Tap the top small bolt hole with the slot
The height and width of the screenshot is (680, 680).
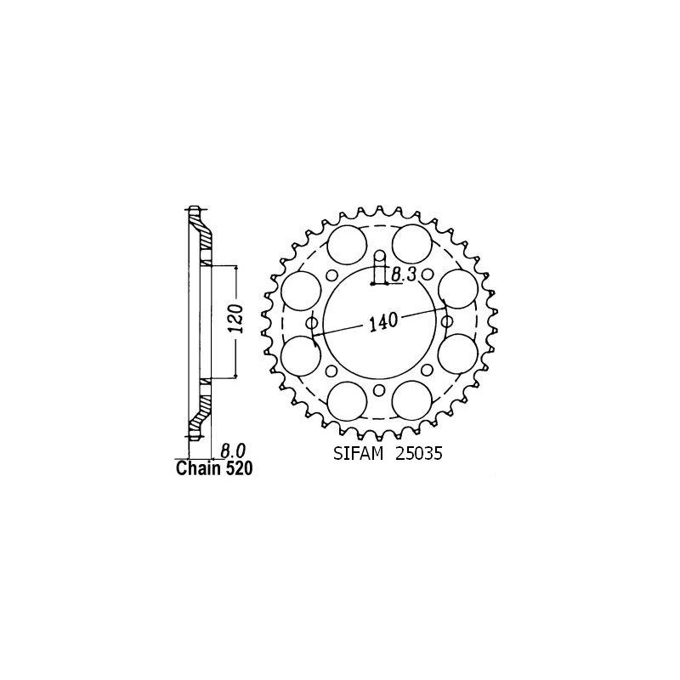(x=380, y=255)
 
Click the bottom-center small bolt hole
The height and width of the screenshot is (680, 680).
(x=380, y=390)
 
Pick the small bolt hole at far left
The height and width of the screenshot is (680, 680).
(x=312, y=323)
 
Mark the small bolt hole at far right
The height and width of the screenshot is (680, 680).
(x=447, y=321)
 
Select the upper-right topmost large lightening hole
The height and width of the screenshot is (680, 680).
(x=413, y=243)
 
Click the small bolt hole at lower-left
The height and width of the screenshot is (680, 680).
(x=331, y=370)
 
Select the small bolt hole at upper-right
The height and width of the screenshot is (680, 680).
(x=428, y=275)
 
